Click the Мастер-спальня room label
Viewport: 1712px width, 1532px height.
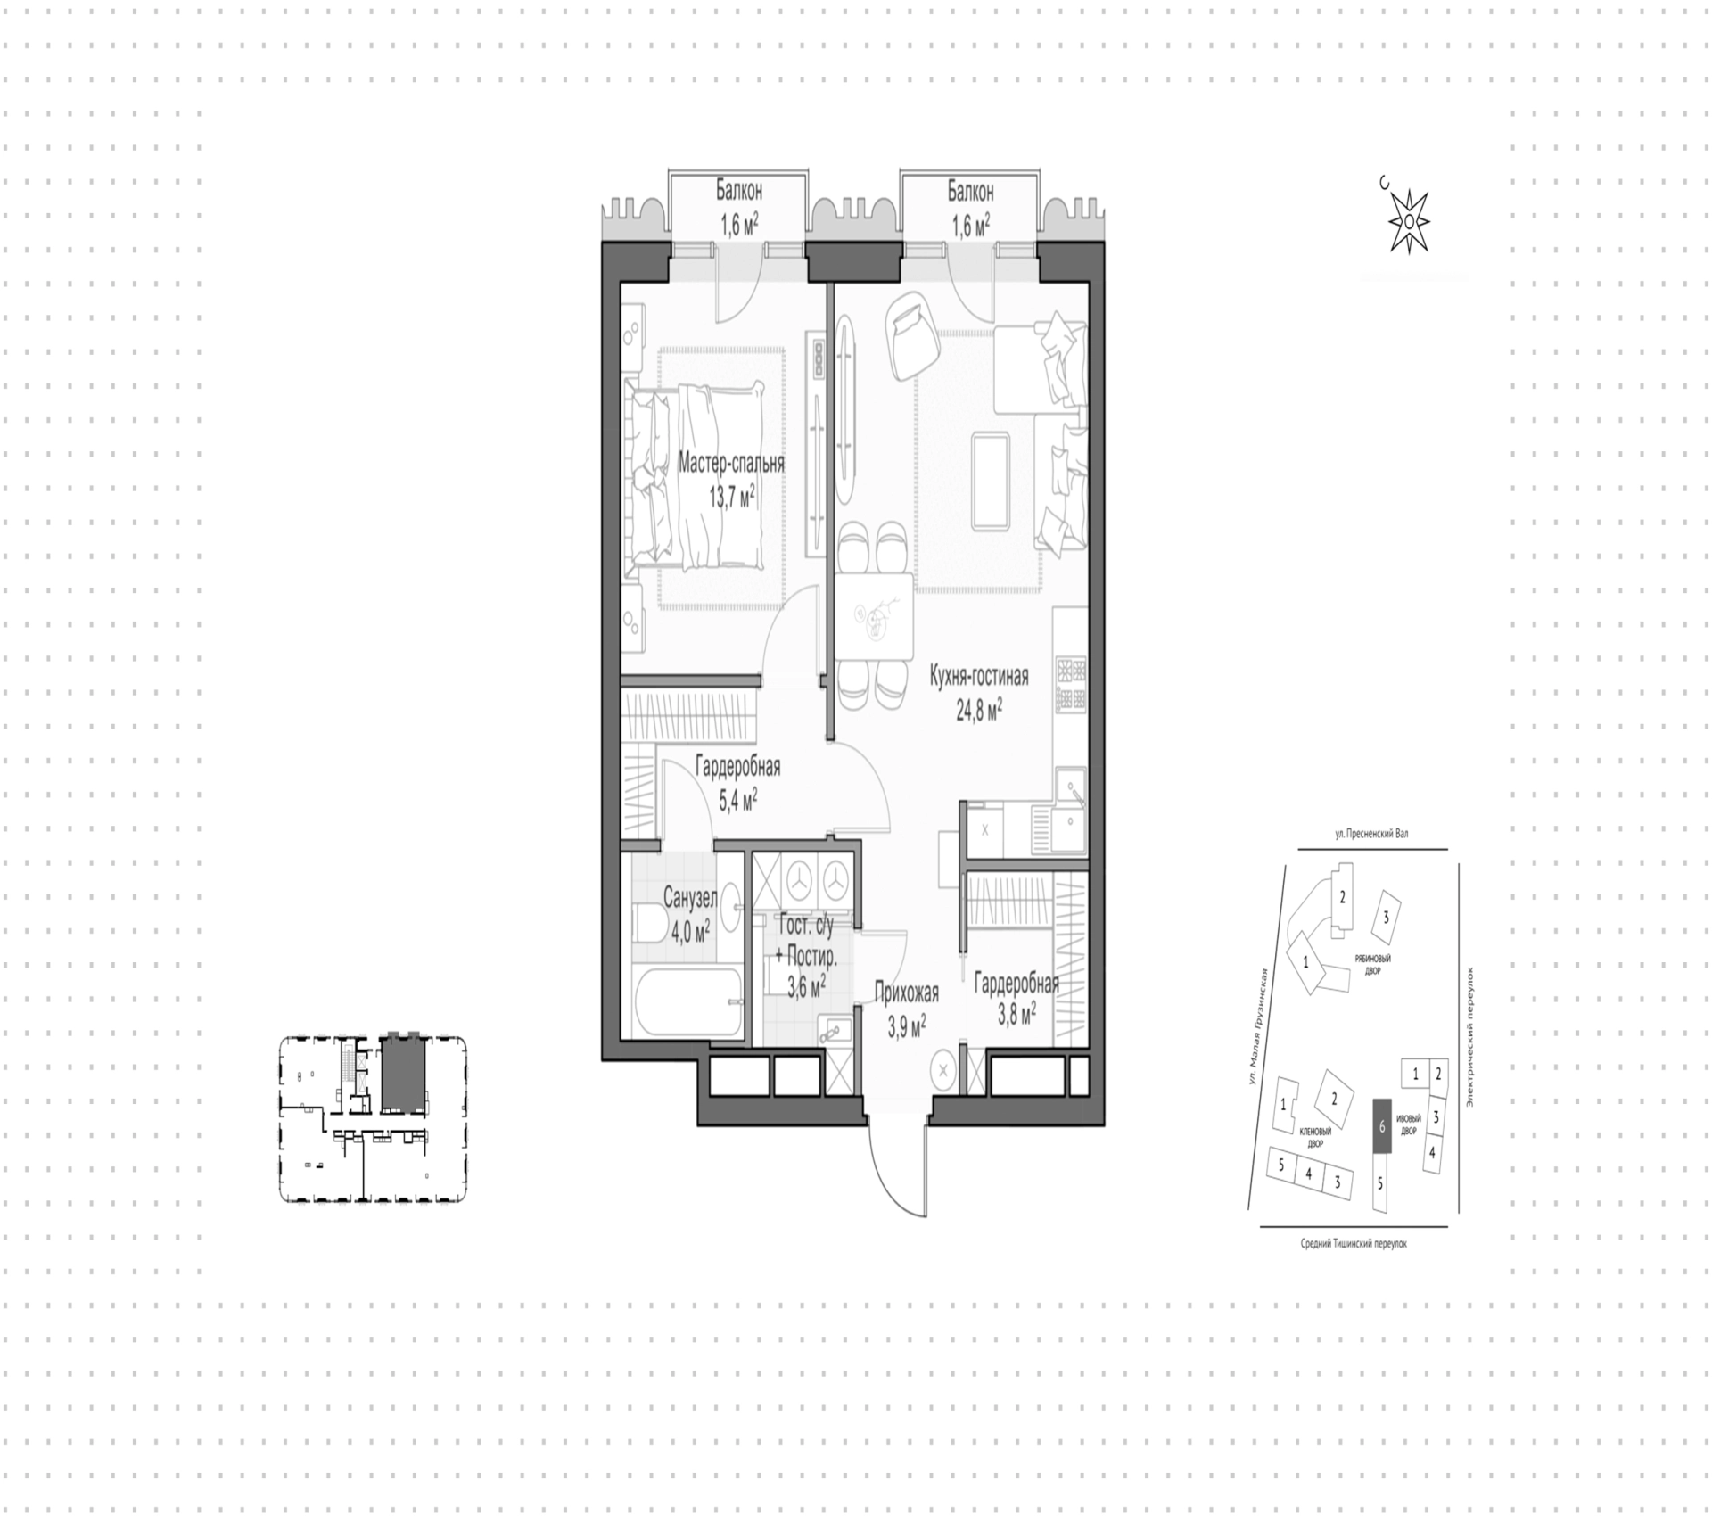[x=731, y=464]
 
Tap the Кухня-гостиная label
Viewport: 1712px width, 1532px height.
[x=979, y=677]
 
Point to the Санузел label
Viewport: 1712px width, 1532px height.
[x=689, y=896]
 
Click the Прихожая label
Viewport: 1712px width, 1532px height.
[x=906, y=992]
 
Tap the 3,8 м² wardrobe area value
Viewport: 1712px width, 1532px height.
[x=1017, y=1012]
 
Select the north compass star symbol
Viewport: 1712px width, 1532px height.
[x=1407, y=221]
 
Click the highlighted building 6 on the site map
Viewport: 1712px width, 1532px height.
[x=1381, y=1126]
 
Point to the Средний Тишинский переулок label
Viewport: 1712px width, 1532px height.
[x=1354, y=1243]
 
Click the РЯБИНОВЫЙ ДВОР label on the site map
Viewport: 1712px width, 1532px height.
[x=1373, y=964]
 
